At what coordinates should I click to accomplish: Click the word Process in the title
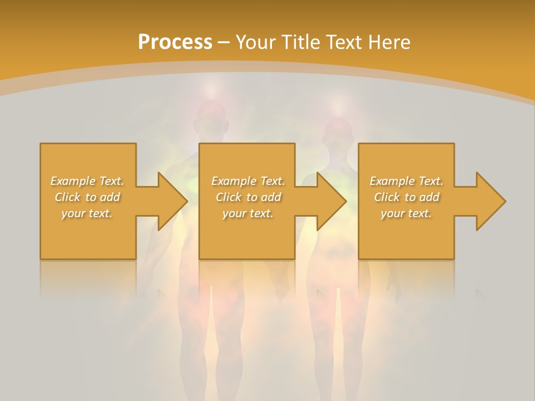tap(175, 42)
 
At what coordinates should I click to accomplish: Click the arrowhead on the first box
tap(170, 201)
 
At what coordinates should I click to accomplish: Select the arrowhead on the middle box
tap(329, 201)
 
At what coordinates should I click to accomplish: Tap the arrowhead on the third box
tap(488, 201)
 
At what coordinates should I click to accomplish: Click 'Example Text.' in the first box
tap(87, 181)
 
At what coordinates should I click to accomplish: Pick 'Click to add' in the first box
tap(87, 197)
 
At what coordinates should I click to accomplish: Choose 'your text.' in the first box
tap(87, 213)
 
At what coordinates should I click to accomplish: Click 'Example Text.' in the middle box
tap(248, 181)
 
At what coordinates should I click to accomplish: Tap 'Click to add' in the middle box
tap(248, 197)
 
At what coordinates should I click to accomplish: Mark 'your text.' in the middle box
tap(248, 213)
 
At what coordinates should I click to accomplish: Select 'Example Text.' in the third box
tap(406, 181)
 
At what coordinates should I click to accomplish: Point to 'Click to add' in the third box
tap(406, 197)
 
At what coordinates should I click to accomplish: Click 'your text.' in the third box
tap(406, 213)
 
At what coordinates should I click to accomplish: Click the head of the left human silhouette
tap(212, 121)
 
